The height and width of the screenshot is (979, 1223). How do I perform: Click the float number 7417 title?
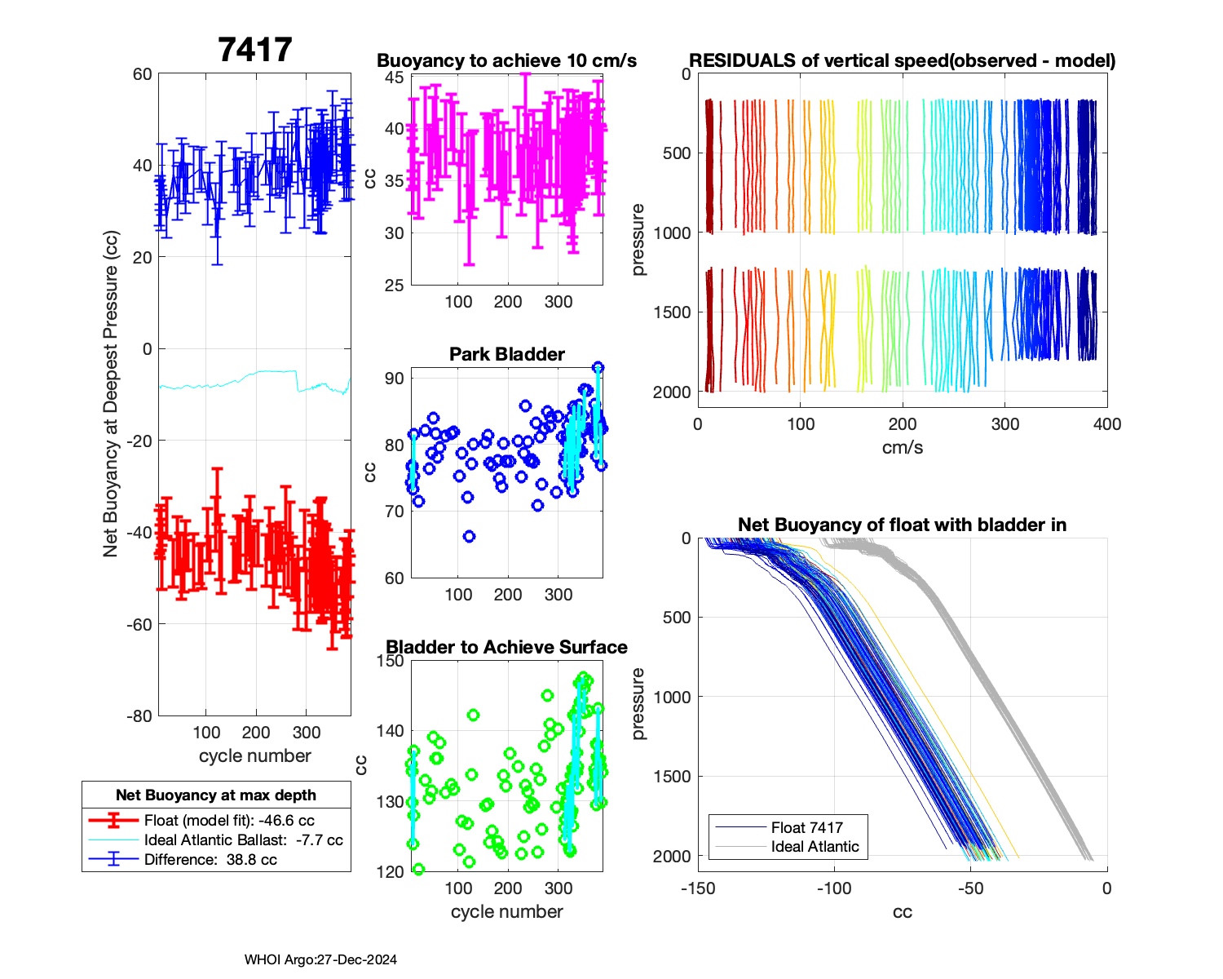click(254, 50)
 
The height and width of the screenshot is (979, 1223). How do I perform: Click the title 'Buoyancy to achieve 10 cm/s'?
click(506, 60)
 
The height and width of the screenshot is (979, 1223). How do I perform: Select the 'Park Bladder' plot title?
click(506, 354)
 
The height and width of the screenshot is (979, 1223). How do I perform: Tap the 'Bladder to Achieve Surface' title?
click(506, 647)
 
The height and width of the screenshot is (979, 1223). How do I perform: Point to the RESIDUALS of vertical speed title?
click(902, 60)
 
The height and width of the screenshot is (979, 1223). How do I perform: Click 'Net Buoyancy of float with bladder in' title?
click(902, 525)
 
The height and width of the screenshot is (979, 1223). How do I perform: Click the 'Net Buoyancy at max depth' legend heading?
click(216, 795)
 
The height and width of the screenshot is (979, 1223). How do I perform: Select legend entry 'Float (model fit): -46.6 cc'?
click(229, 821)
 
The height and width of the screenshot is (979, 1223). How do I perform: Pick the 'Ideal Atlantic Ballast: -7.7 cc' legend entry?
click(243, 840)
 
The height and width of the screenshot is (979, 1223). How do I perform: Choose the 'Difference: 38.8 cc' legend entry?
click(210, 860)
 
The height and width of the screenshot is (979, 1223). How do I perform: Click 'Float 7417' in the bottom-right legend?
click(806, 827)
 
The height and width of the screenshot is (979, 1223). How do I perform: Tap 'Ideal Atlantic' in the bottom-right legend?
click(815, 847)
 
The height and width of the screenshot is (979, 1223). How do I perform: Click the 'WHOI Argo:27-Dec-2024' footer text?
click(320, 960)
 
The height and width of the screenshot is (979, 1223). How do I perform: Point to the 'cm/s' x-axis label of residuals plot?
click(902, 447)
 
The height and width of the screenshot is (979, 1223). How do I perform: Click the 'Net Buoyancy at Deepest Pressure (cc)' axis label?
click(111, 395)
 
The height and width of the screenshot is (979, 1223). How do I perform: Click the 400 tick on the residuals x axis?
click(1107, 424)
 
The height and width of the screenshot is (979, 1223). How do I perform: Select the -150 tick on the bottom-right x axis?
click(698, 888)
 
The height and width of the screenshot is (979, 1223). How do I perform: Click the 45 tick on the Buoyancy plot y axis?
click(395, 78)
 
